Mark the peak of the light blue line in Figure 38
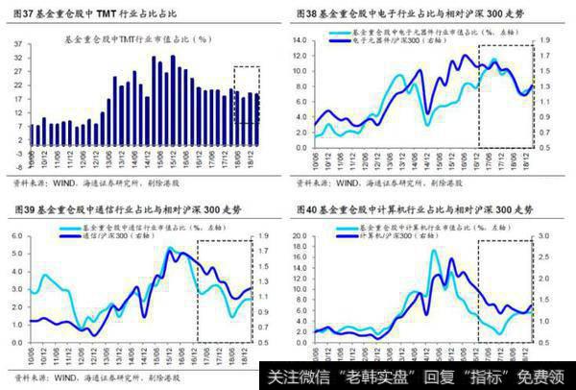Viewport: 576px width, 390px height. click(493, 61)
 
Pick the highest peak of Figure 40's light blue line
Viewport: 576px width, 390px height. click(434, 252)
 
